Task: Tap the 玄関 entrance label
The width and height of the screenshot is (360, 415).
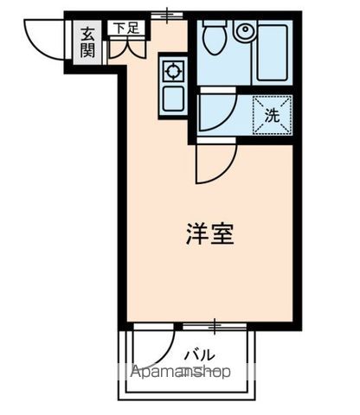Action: tap(88, 41)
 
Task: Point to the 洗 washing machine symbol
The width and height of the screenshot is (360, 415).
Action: tap(271, 115)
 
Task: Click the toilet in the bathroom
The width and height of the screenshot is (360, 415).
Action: tap(213, 39)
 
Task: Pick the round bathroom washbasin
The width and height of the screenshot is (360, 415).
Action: tap(244, 33)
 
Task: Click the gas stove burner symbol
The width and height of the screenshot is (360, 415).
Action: tap(172, 70)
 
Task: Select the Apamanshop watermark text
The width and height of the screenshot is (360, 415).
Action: tap(179, 373)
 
